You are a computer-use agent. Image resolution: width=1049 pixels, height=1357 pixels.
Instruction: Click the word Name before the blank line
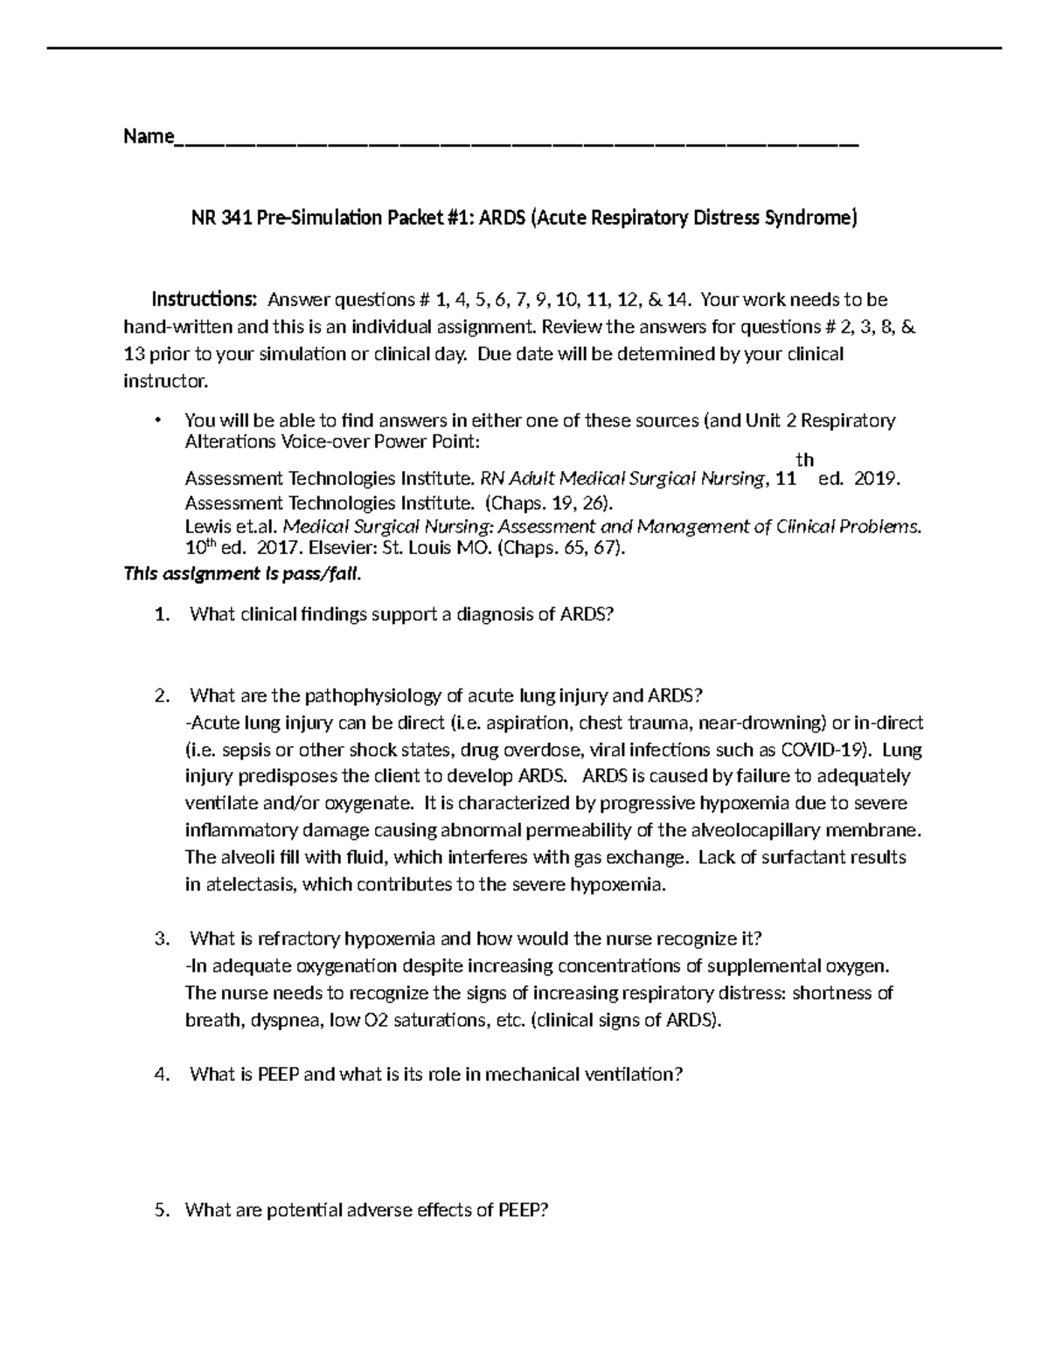[148, 136]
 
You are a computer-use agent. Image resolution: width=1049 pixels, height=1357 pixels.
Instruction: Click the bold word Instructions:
[205, 300]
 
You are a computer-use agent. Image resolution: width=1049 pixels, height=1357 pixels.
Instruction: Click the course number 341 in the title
[236, 218]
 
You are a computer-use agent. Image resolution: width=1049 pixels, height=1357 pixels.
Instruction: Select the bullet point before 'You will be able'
[157, 420]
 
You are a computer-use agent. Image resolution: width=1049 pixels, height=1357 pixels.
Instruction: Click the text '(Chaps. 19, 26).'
[543, 503]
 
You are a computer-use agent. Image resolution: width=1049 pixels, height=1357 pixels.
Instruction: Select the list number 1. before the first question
[161, 614]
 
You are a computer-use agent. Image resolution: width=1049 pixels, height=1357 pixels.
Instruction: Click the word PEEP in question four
[279, 1075]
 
